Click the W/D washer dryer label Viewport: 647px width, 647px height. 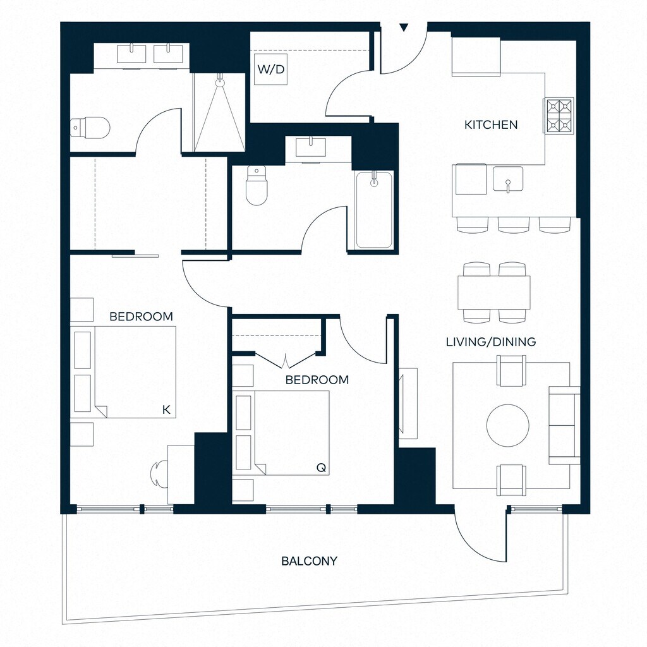coord(270,70)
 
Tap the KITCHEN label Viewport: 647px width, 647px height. coord(491,124)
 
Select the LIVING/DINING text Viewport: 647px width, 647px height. coord(491,342)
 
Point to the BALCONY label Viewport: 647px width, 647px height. coord(309,560)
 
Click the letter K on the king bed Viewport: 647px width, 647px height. coord(166,410)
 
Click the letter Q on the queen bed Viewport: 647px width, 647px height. coord(321,468)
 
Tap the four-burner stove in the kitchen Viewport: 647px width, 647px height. coord(559,116)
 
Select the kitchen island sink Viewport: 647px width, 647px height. coord(508,179)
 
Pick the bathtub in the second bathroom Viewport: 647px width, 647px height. coord(373,210)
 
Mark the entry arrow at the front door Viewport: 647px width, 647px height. coord(404,27)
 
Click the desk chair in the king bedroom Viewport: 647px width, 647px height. coord(159,472)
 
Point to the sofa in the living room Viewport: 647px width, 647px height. coord(564,425)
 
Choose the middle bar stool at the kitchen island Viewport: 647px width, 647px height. coord(514,224)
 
